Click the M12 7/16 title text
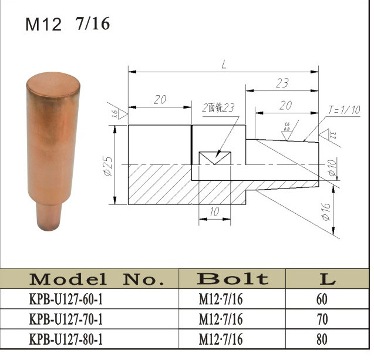tap(67, 24)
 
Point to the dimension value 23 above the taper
tap(282, 83)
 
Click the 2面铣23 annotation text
tap(218, 108)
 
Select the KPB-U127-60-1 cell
tap(65, 300)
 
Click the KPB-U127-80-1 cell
tap(65, 339)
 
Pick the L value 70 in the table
tap(322, 320)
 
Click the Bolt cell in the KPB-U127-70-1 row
tap(221, 320)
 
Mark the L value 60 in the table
tap(322, 300)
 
